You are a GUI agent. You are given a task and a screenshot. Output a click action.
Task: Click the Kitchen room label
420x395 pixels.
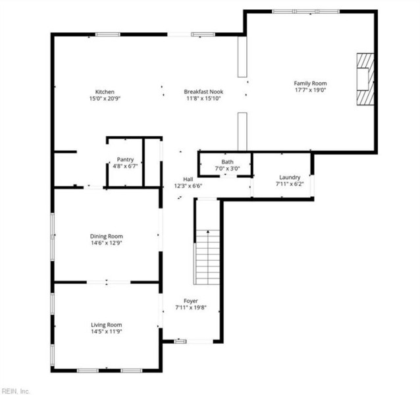click(x=105, y=92)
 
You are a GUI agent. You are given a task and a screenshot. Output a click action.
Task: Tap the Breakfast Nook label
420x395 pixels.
click(x=203, y=92)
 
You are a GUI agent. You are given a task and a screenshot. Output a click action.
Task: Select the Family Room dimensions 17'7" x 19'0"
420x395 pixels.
click(x=310, y=90)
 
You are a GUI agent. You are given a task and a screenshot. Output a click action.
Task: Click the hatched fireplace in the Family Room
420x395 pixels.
click(x=365, y=79)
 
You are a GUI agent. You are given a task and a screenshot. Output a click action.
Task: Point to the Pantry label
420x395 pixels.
click(x=125, y=159)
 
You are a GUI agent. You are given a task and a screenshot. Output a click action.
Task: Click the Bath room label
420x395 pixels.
click(x=227, y=162)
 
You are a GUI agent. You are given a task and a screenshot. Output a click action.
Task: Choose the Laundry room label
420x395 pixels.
click(x=290, y=177)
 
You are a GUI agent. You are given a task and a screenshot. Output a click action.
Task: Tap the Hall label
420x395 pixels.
click(x=188, y=179)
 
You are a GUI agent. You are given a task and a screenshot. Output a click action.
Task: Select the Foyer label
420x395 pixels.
click(x=191, y=301)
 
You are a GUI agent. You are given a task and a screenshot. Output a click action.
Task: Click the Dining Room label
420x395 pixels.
click(x=107, y=236)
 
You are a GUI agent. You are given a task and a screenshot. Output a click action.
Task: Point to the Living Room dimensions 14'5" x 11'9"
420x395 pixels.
click(x=107, y=332)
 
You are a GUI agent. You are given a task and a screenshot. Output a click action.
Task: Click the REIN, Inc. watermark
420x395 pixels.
click(x=15, y=391)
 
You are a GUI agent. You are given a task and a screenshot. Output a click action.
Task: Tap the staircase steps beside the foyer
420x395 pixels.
click(x=208, y=257)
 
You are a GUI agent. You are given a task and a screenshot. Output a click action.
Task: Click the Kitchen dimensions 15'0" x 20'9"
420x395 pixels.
click(x=105, y=99)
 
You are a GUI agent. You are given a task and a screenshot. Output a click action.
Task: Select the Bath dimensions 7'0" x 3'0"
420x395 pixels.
click(x=227, y=169)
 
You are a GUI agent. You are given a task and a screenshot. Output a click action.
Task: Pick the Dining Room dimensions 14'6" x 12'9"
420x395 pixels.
click(x=107, y=243)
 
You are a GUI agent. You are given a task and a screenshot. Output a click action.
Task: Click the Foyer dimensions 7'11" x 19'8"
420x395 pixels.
click(x=191, y=307)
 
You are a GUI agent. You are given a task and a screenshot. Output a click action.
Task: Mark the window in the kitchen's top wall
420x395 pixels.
click(x=108, y=34)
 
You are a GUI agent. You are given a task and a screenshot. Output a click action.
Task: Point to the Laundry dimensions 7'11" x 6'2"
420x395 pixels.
click(x=290, y=184)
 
